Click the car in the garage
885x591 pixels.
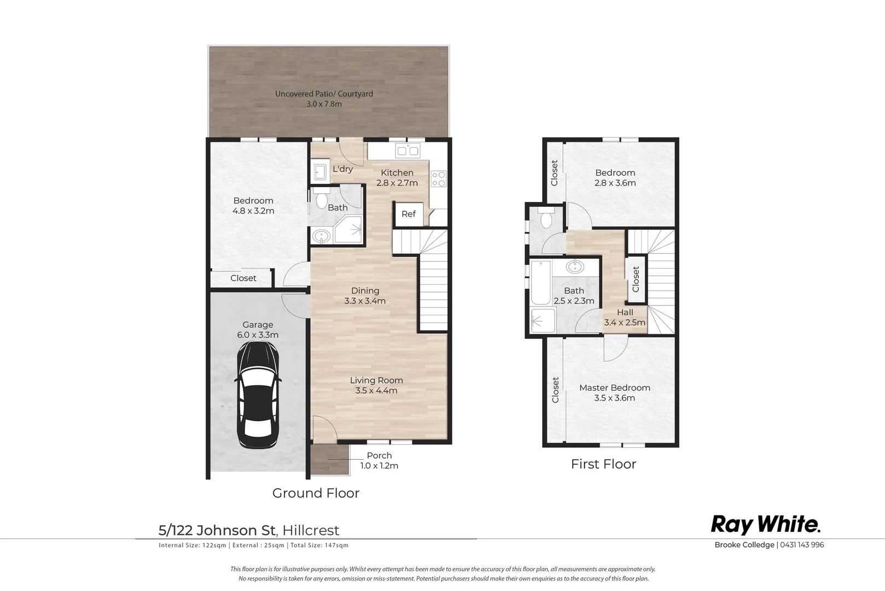(x=258, y=395)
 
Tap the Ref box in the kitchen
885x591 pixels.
(x=409, y=215)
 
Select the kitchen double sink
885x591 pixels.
(x=407, y=151)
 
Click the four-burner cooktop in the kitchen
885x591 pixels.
(x=439, y=178)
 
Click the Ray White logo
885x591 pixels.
(x=766, y=525)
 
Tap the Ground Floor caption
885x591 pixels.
(x=316, y=494)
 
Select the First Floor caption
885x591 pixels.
(x=603, y=464)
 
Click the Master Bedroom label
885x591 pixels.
(x=615, y=388)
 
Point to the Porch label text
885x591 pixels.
(x=379, y=455)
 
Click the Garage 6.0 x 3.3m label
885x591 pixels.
(x=258, y=329)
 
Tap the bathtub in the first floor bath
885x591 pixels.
(x=540, y=282)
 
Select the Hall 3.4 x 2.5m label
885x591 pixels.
(x=625, y=317)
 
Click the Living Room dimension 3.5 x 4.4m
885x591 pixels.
(x=376, y=391)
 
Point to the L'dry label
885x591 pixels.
(x=342, y=169)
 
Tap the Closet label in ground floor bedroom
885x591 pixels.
(x=243, y=279)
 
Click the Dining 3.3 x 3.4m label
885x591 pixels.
(x=365, y=296)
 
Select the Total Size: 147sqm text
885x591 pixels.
(x=319, y=546)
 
